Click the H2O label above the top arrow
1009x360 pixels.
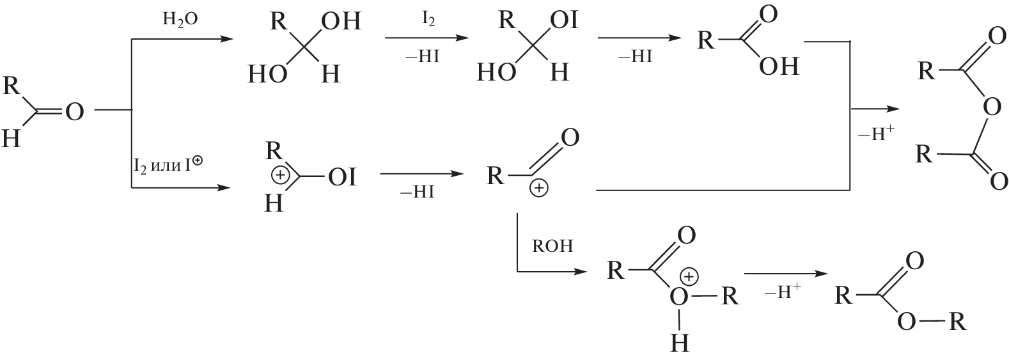[180, 20]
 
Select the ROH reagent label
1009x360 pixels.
[552, 246]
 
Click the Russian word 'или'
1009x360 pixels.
[164, 166]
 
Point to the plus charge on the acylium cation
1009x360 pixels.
[539, 189]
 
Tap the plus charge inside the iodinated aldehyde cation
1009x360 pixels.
[281, 176]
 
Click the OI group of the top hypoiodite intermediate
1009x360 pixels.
[564, 21]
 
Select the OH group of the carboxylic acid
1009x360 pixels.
[779, 67]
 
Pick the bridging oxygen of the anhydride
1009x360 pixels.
[992, 107]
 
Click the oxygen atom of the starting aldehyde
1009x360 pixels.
[75, 111]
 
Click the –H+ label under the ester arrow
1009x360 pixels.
[783, 292]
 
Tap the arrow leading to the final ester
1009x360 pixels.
[786, 274]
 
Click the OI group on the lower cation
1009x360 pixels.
[342, 178]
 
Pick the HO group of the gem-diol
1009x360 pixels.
[267, 74]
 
